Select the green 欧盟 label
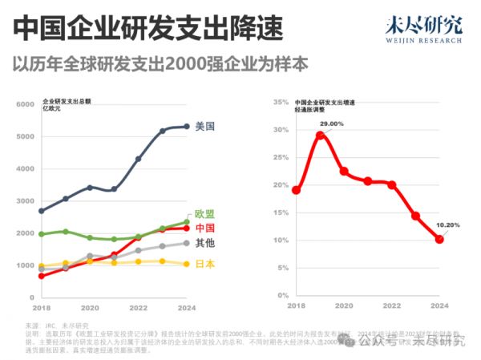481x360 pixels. coord(206,214)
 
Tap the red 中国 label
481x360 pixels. coord(206,228)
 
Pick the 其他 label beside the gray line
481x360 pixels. coord(206,243)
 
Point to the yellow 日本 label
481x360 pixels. coord(206,264)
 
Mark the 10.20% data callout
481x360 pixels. coord(448,225)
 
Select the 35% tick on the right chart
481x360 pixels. coord(280,102)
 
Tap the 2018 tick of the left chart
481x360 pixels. coord(41,308)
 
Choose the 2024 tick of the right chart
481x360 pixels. coord(439,306)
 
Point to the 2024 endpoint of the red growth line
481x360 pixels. coord(439,239)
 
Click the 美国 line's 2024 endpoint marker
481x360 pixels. coord(187,126)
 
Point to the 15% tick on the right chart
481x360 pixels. coord(280,212)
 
